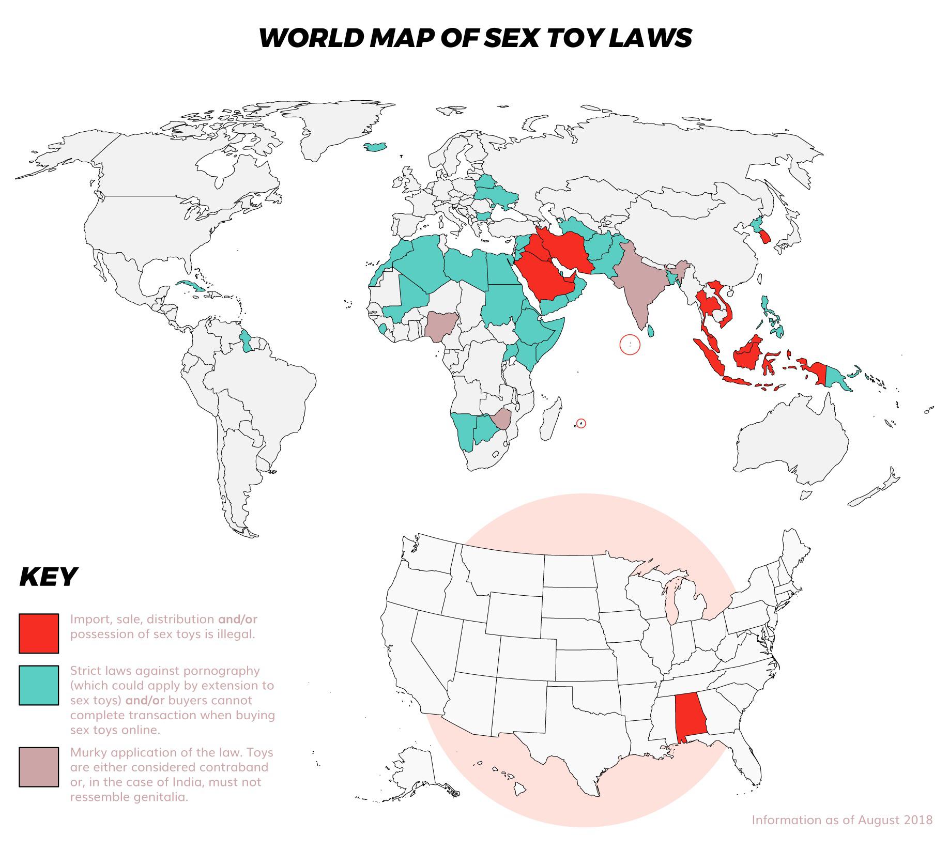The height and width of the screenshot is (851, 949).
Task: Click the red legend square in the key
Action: click(39, 633)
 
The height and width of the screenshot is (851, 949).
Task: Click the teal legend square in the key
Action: click(39, 685)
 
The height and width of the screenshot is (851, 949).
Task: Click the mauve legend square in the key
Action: click(39, 767)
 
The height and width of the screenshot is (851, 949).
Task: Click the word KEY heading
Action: click(48, 577)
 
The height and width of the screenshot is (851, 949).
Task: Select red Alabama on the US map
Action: click(690, 719)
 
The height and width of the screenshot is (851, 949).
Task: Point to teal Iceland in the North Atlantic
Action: click(376, 147)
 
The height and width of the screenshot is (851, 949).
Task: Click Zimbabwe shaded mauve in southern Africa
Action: click(502, 419)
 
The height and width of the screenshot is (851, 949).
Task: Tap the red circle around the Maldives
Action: click(630, 344)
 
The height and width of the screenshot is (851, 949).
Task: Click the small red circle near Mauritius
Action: click(581, 424)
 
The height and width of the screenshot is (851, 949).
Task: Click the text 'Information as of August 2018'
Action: click(842, 834)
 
